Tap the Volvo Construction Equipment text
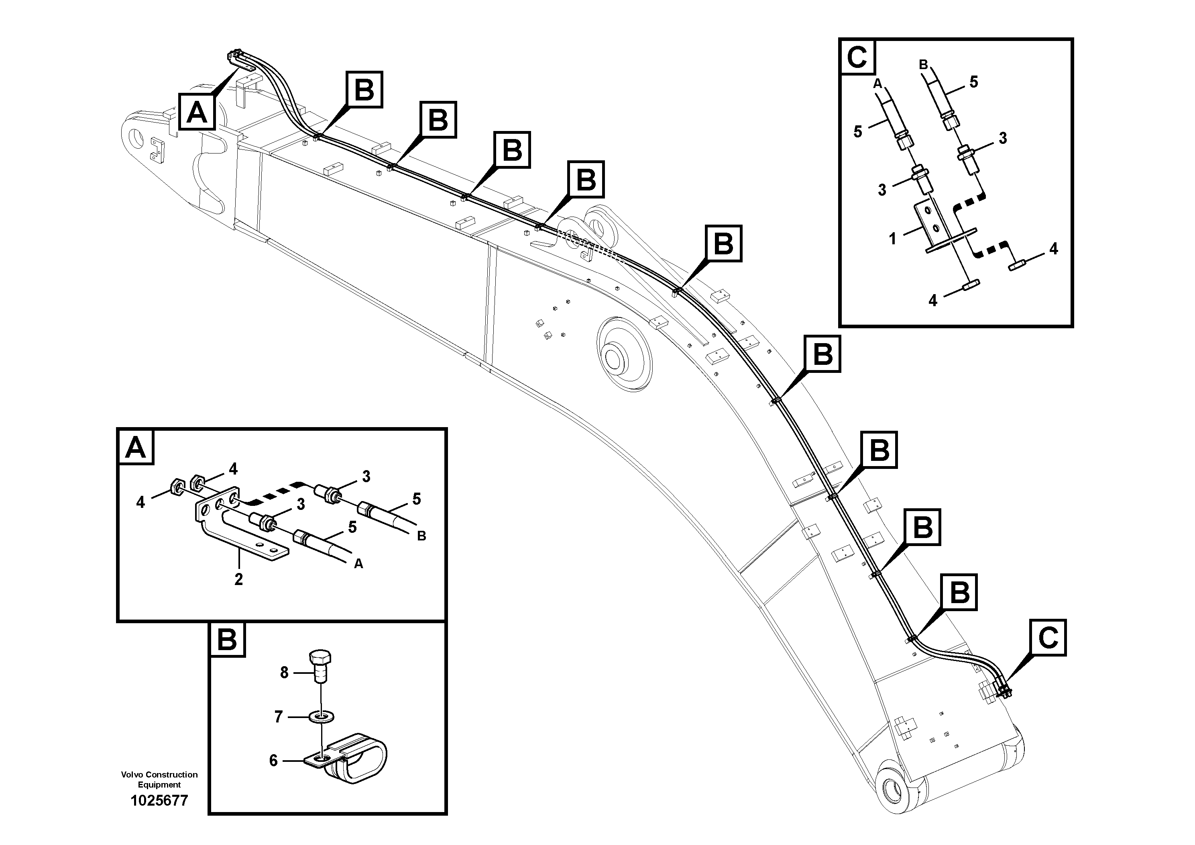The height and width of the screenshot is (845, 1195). [x=159, y=780]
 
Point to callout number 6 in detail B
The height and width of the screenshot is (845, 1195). [x=273, y=761]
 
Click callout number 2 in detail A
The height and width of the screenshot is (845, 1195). [x=238, y=579]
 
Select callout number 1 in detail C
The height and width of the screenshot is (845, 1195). [x=893, y=239]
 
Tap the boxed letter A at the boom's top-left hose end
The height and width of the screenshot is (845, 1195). [x=197, y=111]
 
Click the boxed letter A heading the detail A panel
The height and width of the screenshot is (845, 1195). [x=136, y=447]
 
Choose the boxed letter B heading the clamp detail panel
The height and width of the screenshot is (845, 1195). [x=227, y=639]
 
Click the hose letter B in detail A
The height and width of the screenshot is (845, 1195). [x=421, y=536]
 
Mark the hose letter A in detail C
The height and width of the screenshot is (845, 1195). [x=877, y=83]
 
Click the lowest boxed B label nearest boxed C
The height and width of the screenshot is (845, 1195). [x=959, y=592]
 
